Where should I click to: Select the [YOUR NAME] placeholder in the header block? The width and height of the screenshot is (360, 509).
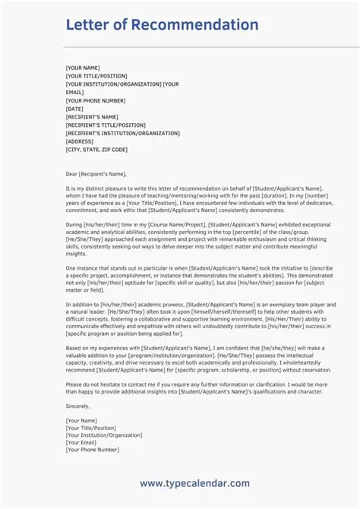83,68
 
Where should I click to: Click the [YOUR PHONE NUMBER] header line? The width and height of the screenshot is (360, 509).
96,100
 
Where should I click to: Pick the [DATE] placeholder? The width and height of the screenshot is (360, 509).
74,109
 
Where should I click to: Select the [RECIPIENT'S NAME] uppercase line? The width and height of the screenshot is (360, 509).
93,116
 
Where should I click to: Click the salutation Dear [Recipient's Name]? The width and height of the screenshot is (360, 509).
96,173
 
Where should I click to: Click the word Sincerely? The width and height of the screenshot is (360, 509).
80,407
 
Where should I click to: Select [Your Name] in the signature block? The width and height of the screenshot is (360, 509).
81,420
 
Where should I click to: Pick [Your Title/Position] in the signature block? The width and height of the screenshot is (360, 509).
92,428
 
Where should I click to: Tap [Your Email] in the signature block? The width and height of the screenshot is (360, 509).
82,442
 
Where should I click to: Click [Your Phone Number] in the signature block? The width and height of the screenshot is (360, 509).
93,450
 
